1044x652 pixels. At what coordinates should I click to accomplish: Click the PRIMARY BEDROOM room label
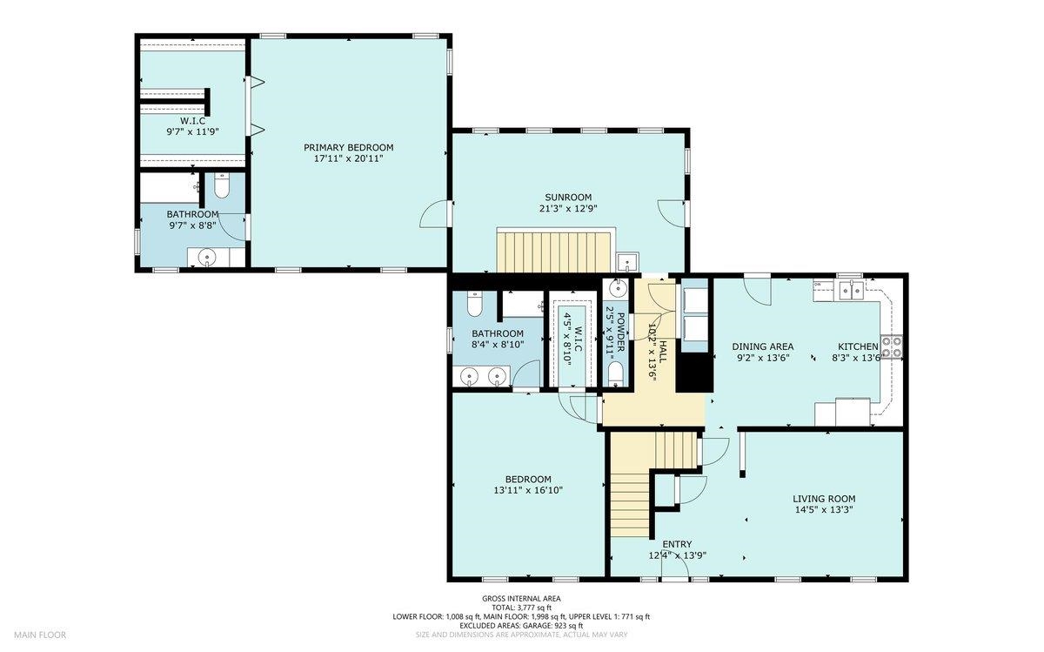pos(349,147)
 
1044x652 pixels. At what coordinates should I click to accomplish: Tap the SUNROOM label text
pos(568,198)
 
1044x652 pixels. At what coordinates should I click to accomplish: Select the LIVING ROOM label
pos(824,499)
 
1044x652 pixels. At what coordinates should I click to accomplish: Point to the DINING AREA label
pos(762,346)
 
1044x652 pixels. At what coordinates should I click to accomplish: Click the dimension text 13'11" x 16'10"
pos(529,490)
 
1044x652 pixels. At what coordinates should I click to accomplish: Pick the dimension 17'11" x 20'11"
pos(349,158)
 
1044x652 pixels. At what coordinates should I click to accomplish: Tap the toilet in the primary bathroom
pos(221,185)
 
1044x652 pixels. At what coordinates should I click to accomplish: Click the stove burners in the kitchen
pos(892,347)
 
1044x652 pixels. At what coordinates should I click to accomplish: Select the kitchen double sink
pos(851,291)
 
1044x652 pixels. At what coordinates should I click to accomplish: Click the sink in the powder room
pos(618,289)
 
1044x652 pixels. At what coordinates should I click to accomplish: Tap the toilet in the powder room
pos(616,374)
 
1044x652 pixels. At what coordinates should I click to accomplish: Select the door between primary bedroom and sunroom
pos(434,214)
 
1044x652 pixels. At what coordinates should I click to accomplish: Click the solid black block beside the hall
pos(694,373)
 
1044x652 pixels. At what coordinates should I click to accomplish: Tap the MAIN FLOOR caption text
pos(40,635)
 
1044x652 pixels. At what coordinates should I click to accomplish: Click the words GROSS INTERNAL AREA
pos(521,598)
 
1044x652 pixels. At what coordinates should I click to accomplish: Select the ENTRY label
pos(677,544)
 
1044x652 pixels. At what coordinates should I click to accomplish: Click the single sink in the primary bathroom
pos(206,257)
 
